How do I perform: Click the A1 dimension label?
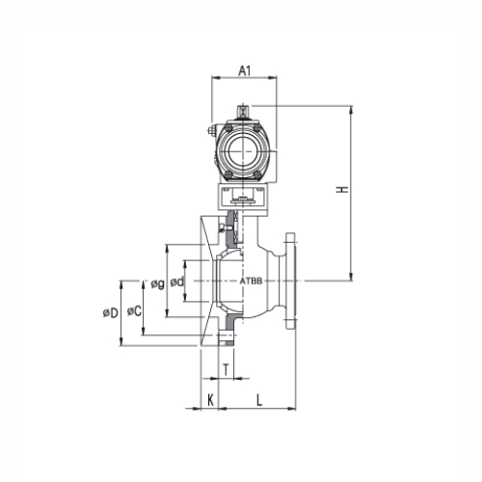244,70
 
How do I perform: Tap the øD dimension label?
111,312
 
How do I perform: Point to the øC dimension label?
134,310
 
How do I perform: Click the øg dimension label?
158,283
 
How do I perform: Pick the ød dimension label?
177,281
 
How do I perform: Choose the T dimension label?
227,370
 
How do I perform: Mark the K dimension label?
210,400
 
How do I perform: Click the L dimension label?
259,400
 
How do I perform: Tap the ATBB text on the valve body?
252,281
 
